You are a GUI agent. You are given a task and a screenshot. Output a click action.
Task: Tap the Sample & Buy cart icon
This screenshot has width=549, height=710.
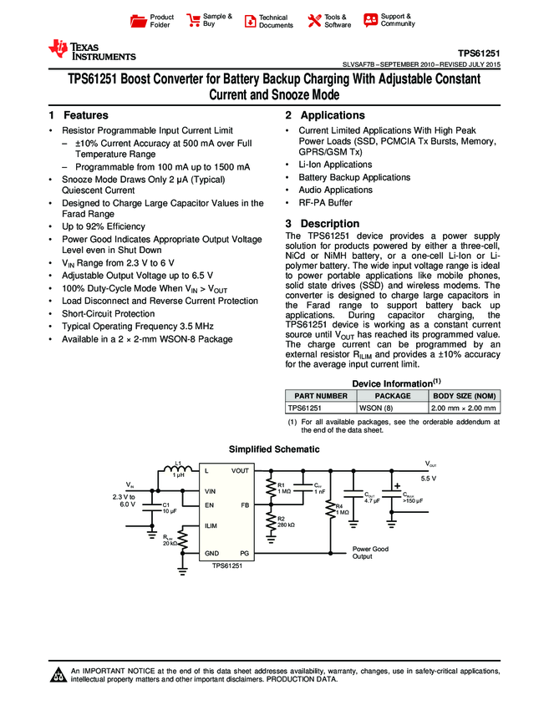point(194,20)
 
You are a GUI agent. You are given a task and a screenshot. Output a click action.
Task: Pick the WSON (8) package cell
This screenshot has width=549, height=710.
point(375,408)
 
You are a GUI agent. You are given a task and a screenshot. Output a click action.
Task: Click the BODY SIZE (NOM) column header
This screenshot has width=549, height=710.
point(464,396)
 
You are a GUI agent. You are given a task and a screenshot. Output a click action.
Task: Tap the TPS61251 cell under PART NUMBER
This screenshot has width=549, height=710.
point(305,408)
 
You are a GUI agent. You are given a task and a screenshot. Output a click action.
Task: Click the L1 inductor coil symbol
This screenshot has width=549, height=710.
point(178,470)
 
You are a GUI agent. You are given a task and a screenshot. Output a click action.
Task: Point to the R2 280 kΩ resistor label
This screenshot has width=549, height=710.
point(285,521)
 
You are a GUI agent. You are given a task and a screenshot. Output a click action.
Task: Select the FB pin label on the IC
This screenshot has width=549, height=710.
point(245,505)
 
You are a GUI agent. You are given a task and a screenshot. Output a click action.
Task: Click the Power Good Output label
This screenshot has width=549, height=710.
point(370,553)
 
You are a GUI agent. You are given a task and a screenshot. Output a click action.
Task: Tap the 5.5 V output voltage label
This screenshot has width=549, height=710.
point(429,479)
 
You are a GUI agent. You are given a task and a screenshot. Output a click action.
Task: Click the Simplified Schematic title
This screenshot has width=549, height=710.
point(274,449)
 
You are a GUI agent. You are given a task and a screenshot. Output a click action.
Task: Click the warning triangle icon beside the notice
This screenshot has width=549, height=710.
point(58,675)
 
